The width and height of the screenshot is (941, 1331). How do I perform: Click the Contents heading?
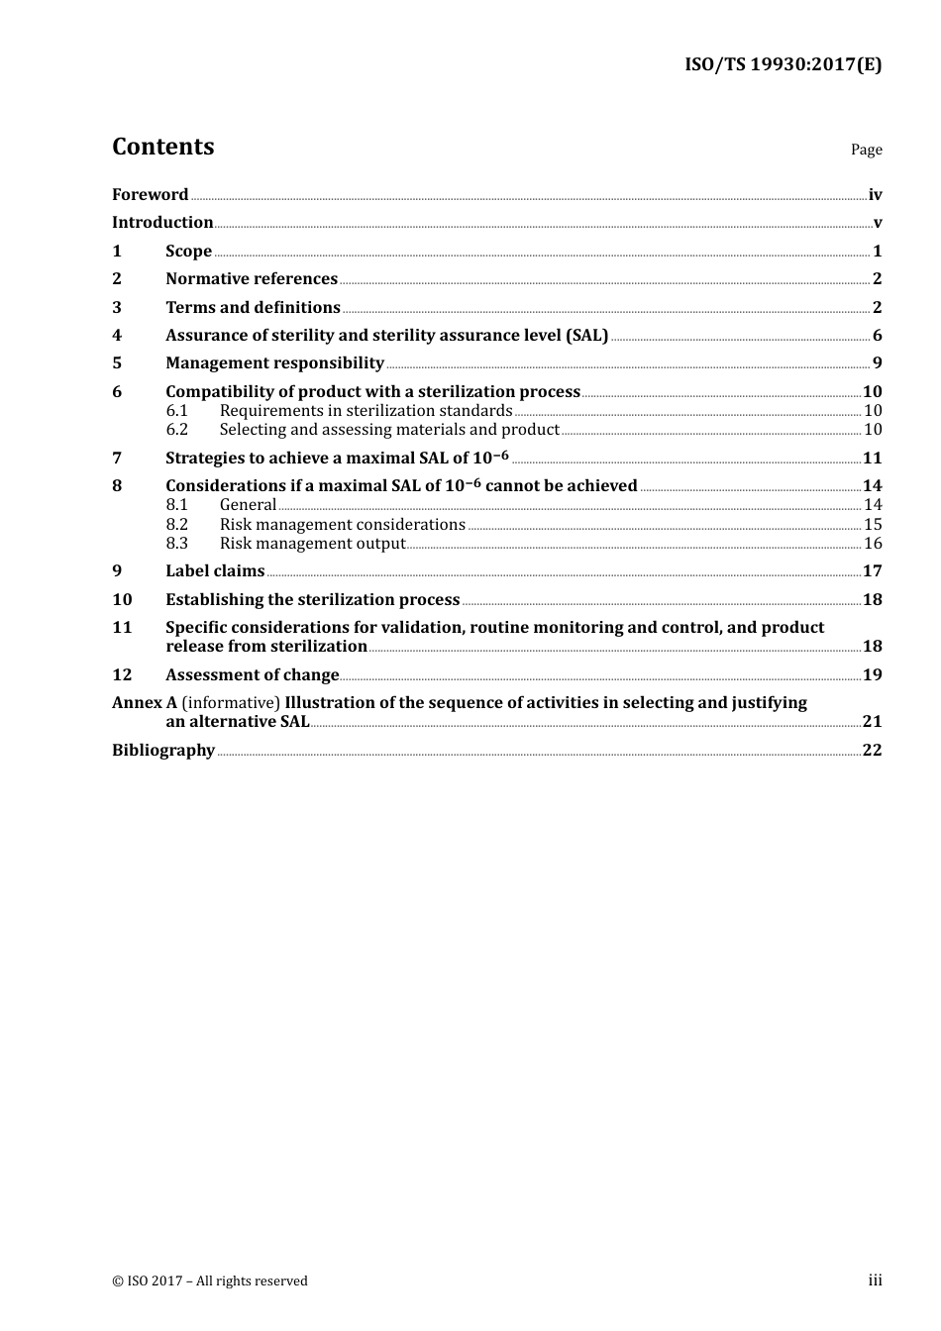[x=162, y=147]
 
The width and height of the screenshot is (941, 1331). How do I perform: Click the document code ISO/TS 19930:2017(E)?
[x=783, y=65]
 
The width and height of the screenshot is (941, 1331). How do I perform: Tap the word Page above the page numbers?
[x=866, y=150]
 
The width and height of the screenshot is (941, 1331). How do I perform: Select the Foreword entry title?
[x=150, y=195]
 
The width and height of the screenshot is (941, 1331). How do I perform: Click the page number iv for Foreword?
[x=875, y=195]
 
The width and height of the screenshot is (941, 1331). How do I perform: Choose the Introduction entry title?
[x=162, y=223]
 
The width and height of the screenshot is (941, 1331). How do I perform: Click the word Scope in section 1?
[x=188, y=252]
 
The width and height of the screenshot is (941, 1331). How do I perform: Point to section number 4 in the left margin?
[x=117, y=336]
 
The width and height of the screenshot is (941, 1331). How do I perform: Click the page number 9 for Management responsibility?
[x=877, y=363]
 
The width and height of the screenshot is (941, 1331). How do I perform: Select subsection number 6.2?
[x=176, y=430]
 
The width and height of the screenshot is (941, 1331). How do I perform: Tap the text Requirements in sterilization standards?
[x=366, y=411]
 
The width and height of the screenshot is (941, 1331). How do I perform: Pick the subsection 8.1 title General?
[x=248, y=505]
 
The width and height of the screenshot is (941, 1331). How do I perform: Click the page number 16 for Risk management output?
[x=873, y=544]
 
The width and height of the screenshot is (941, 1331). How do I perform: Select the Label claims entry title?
[x=215, y=571]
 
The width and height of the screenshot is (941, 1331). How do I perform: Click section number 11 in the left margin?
[x=122, y=628]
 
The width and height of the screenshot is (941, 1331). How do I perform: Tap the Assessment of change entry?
[x=252, y=675]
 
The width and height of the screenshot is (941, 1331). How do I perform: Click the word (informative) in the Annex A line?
[x=231, y=703]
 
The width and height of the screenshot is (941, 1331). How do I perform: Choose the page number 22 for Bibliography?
[x=872, y=751]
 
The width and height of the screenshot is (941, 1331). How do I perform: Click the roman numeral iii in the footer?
[x=875, y=1280]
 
